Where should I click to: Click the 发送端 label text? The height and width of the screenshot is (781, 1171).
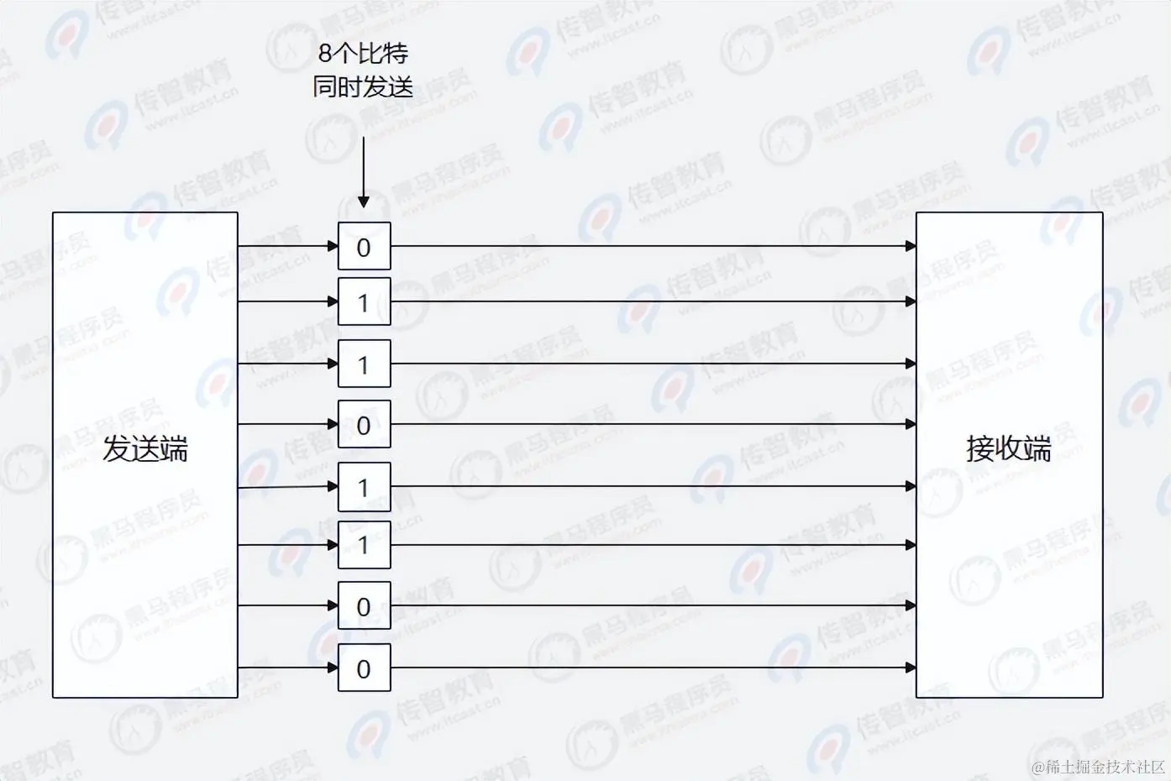tap(144, 449)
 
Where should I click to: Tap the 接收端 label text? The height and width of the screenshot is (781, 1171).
tap(1008, 449)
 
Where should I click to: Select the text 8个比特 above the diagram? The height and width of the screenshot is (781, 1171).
tap(363, 54)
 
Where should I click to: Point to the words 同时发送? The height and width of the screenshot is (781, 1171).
tap(363, 86)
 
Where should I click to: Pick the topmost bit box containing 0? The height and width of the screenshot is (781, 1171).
tap(364, 247)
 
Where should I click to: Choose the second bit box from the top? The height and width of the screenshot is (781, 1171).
tap(364, 301)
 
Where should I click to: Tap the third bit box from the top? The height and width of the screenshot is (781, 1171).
tap(364, 364)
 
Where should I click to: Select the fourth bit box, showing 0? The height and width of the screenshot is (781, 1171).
tap(364, 425)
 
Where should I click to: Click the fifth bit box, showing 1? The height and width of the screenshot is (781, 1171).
tap(364, 487)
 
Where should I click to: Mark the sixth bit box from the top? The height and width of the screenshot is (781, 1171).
tap(364, 545)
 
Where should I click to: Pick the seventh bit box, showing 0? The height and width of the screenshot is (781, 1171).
tap(364, 605)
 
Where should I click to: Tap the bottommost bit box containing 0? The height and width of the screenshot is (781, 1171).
tap(364, 668)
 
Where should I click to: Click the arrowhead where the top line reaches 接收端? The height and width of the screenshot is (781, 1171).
tap(911, 246)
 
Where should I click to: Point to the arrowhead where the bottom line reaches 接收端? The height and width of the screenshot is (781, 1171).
tap(911, 668)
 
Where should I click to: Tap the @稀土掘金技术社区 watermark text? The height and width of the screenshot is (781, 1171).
tap(1098, 766)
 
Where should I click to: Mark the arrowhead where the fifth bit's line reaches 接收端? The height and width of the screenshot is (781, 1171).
tap(911, 486)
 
